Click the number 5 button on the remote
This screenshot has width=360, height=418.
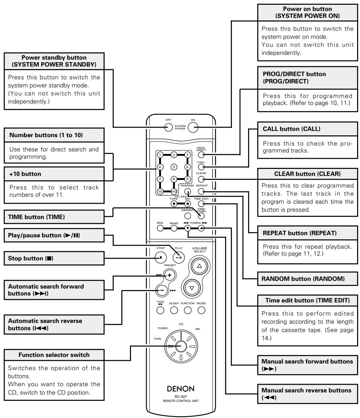pos(174,167)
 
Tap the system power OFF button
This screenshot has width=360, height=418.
pos(168,127)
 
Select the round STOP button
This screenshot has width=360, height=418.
pos(161,257)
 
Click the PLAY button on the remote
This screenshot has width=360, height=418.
pos(179,257)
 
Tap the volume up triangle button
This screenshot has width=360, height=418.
pos(199,266)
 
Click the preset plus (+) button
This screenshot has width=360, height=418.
pos(169,275)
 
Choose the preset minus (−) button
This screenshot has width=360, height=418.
pos(162,290)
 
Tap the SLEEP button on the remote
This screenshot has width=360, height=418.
pos(174,310)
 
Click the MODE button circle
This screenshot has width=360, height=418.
pos(201,310)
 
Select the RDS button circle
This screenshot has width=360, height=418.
pos(160,228)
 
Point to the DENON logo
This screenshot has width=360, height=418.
pos(180,389)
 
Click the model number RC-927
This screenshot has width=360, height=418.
pos(181,396)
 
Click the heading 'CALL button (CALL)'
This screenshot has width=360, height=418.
pos(292,129)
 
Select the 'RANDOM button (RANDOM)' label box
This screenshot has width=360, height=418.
pos(307,279)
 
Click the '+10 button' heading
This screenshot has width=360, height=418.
pos(25,174)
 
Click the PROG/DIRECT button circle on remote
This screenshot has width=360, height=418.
pos(201,155)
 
